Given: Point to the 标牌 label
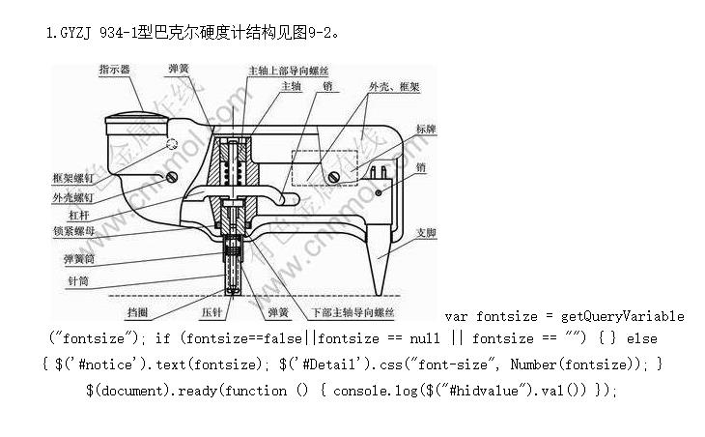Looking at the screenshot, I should (426, 129).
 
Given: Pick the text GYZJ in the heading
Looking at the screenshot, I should (76, 34).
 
